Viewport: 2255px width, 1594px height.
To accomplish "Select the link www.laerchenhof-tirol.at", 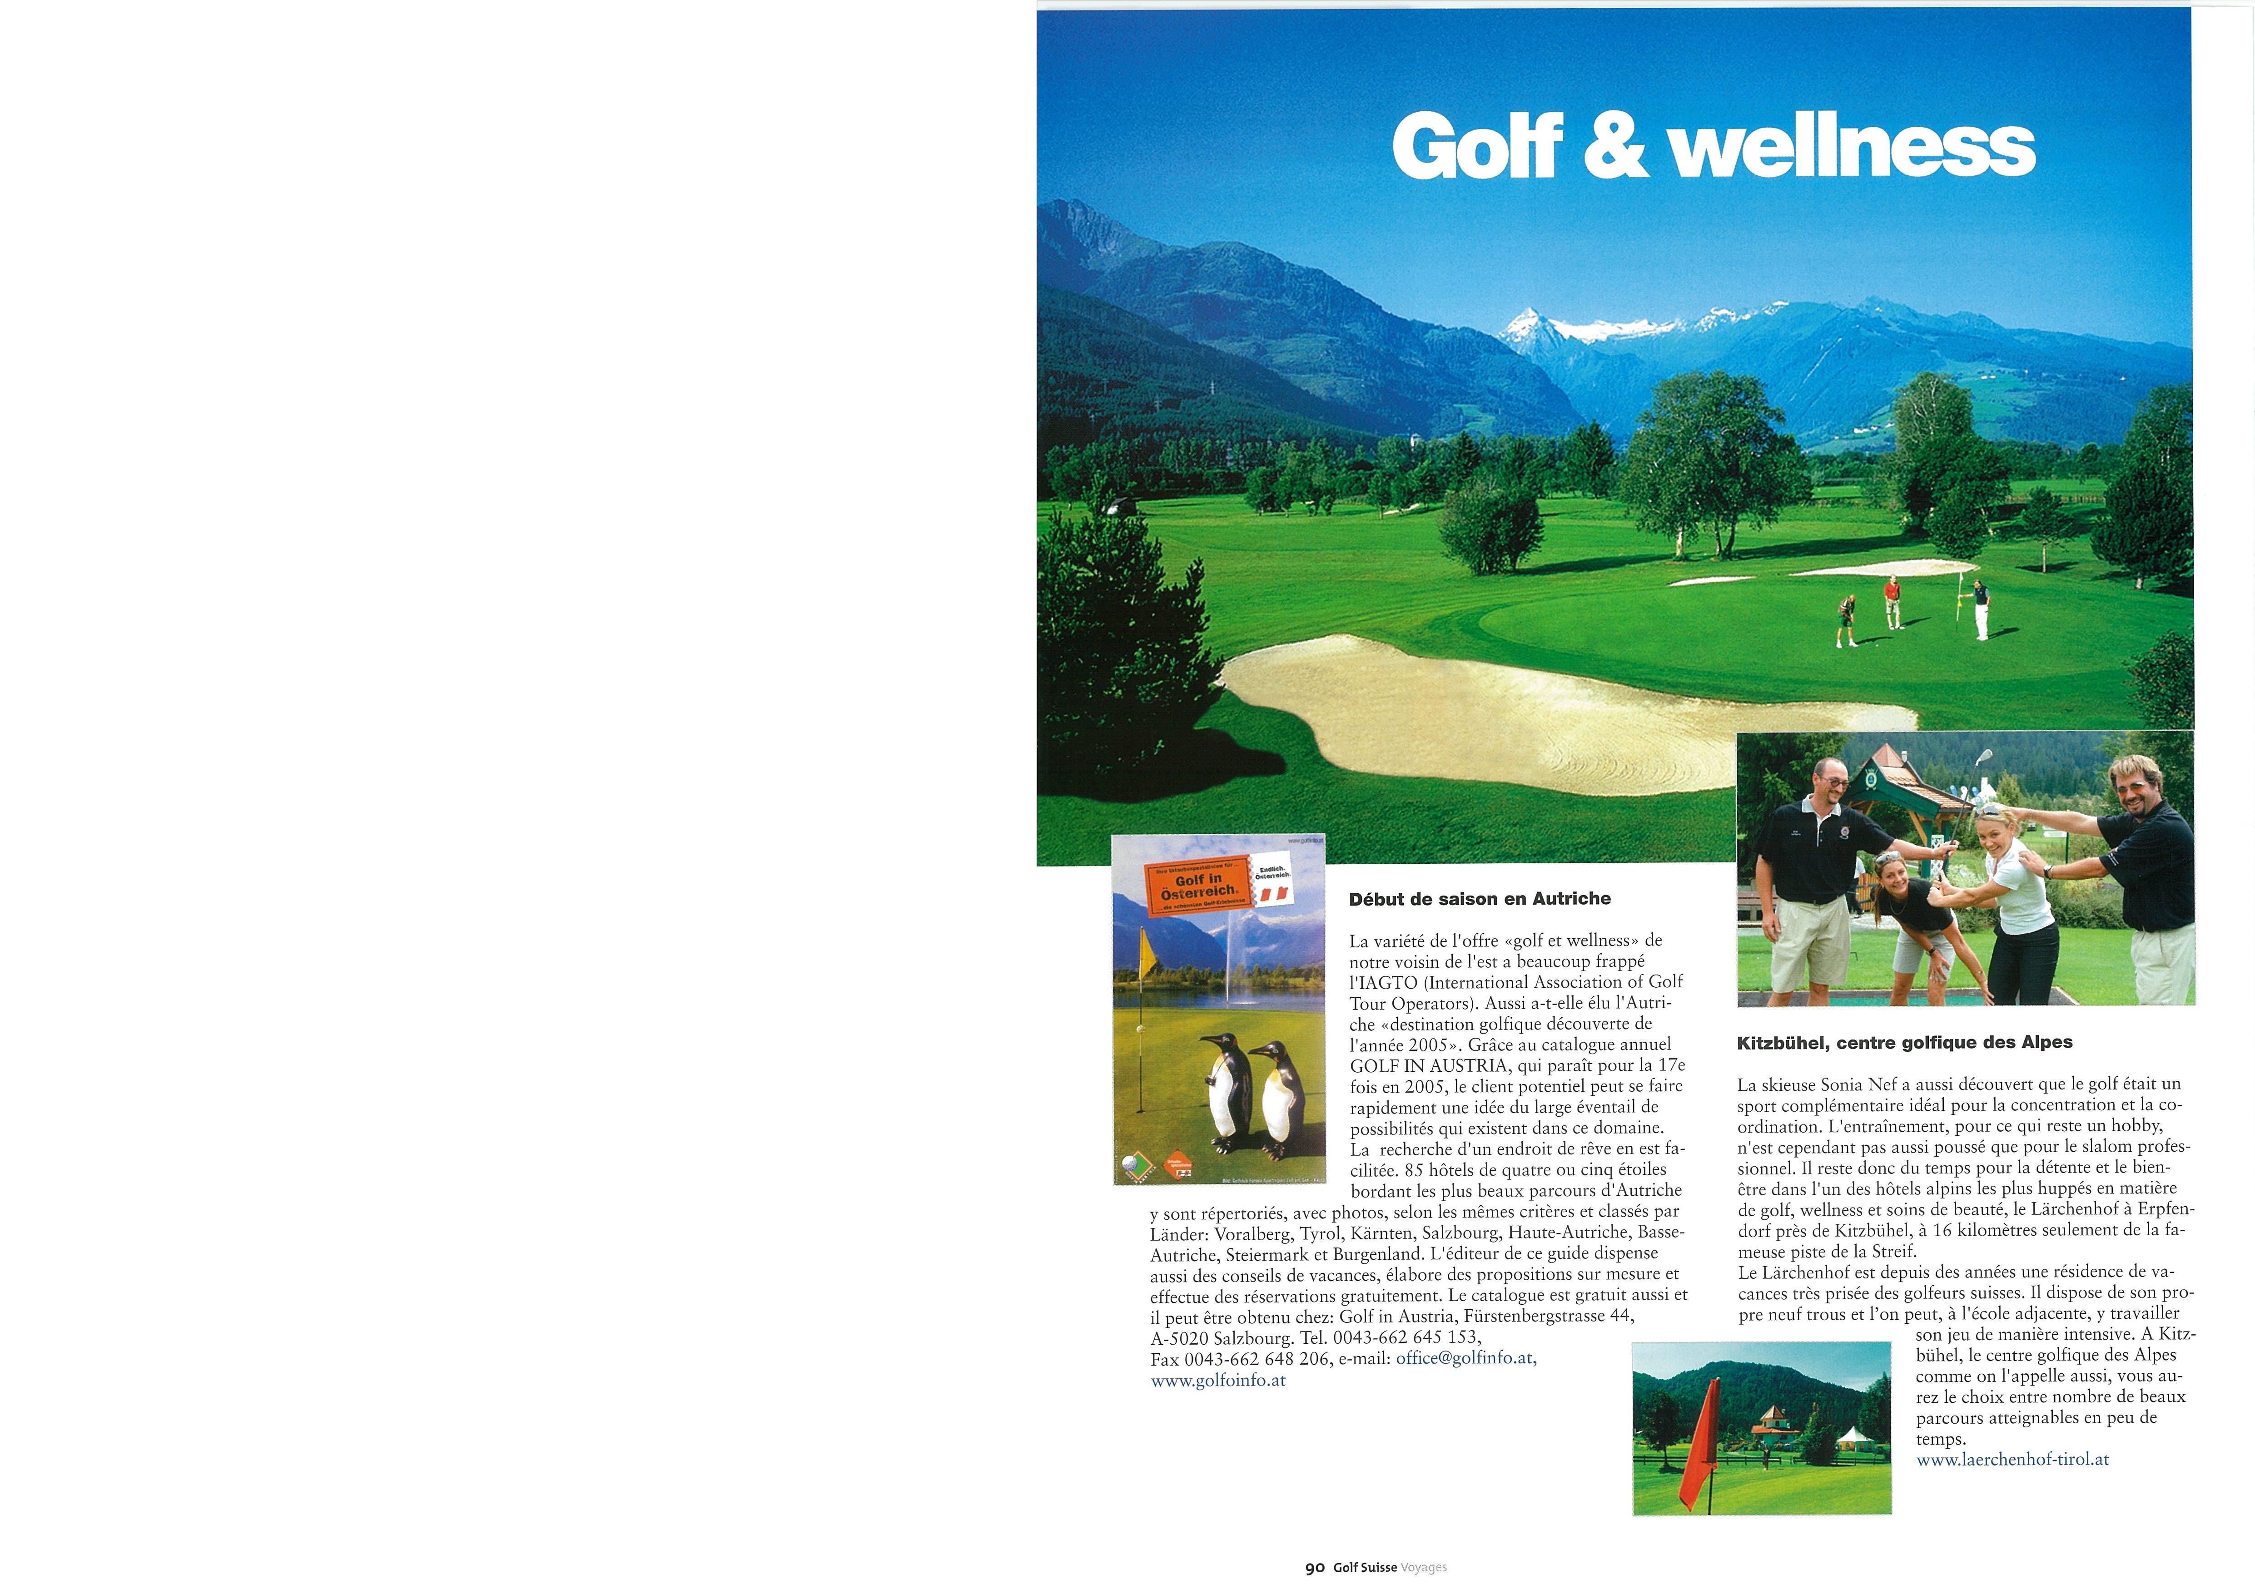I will click(2012, 1460).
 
